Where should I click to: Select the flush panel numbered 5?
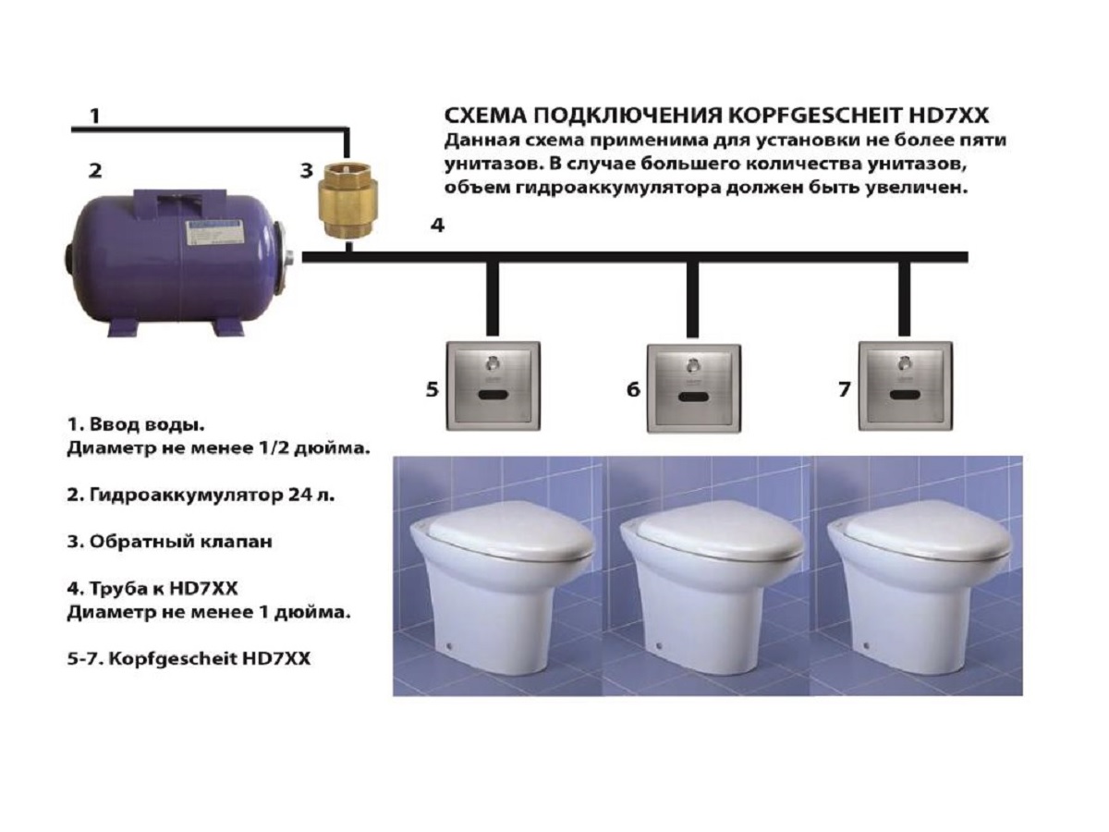[x=494, y=386]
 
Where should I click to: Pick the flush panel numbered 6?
[x=694, y=388]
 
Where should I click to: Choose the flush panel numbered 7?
[x=906, y=386]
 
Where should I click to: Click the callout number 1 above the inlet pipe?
[x=94, y=116]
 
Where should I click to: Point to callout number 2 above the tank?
[x=95, y=171]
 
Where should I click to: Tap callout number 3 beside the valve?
[x=306, y=171]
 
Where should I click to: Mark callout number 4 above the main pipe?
[x=437, y=225]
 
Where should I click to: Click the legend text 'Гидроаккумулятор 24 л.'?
[x=213, y=496]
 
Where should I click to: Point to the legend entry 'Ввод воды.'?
[x=147, y=425]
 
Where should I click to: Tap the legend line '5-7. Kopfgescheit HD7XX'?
[x=189, y=659]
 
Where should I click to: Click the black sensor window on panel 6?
[x=694, y=398]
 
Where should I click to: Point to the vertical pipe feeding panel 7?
[x=905, y=299]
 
